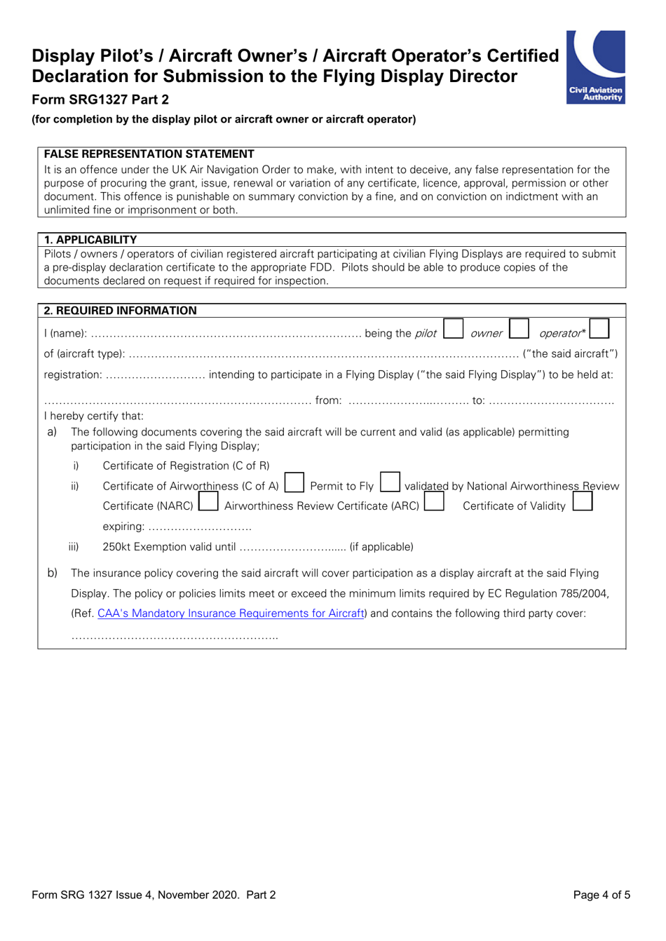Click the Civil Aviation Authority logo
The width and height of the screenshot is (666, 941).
tap(595, 67)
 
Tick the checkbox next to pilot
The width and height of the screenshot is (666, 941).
tap(454, 329)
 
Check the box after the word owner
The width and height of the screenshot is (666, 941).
tap(519, 329)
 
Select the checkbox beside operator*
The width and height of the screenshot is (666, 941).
tap(599, 329)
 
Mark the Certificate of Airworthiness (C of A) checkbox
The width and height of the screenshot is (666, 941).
tap(294, 482)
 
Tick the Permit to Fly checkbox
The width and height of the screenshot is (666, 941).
tap(390, 482)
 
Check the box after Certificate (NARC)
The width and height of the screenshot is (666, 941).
tap(208, 503)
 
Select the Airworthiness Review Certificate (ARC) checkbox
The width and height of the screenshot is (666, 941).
tap(434, 503)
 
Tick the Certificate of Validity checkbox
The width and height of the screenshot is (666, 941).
tap(583, 502)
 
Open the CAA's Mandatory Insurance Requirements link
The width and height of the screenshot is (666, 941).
tap(231, 614)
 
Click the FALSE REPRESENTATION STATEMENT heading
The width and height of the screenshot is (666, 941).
tap(149, 154)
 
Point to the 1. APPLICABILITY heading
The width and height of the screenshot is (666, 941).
tap(90, 240)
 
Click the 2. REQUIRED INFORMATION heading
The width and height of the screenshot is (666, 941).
tap(120, 311)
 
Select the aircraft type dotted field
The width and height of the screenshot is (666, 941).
tap(323, 355)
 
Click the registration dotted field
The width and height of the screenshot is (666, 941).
tap(155, 375)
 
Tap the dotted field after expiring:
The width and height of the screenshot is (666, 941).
tap(200, 527)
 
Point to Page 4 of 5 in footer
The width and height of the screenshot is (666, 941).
tap(602, 895)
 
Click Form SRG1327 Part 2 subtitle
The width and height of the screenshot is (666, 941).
tap(100, 100)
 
